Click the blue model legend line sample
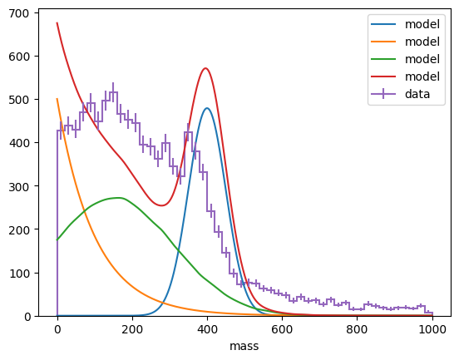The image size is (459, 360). pyautogui.click(x=383, y=24)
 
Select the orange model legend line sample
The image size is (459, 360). pyautogui.click(x=383, y=42)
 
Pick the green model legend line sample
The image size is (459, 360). pyautogui.click(x=383, y=59)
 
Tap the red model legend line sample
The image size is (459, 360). pyautogui.click(x=383, y=76)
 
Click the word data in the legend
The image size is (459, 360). pyautogui.click(x=417, y=94)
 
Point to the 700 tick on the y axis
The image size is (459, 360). pyautogui.click(x=37, y=13)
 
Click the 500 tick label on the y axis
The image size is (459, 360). pyautogui.click(x=19, y=100)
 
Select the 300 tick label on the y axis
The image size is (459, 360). pyautogui.click(x=19, y=187)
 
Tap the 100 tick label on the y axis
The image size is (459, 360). pyautogui.click(x=19, y=274)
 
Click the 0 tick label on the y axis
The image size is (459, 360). pyautogui.click(x=27, y=317)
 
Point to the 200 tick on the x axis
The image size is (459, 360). pyautogui.click(x=132, y=318)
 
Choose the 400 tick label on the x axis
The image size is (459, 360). pyautogui.click(x=207, y=329)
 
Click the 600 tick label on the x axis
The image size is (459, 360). pyautogui.click(x=282, y=329)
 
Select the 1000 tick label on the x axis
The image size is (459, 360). pyautogui.click(x=432, y=329)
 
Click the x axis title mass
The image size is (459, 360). pyautogui.click(x=244, y=346)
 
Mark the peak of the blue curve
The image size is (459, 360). pyautogui.click(x=207, y=108)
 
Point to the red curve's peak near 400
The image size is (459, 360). pyautogui.click(x=205, y=68)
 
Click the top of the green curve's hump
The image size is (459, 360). pyautogui.click(x=118, y=198)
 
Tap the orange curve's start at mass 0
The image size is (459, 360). pyautogui.click(x=57, y=99)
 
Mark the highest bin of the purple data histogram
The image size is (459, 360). pyautogui.click(x=113, y=92)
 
